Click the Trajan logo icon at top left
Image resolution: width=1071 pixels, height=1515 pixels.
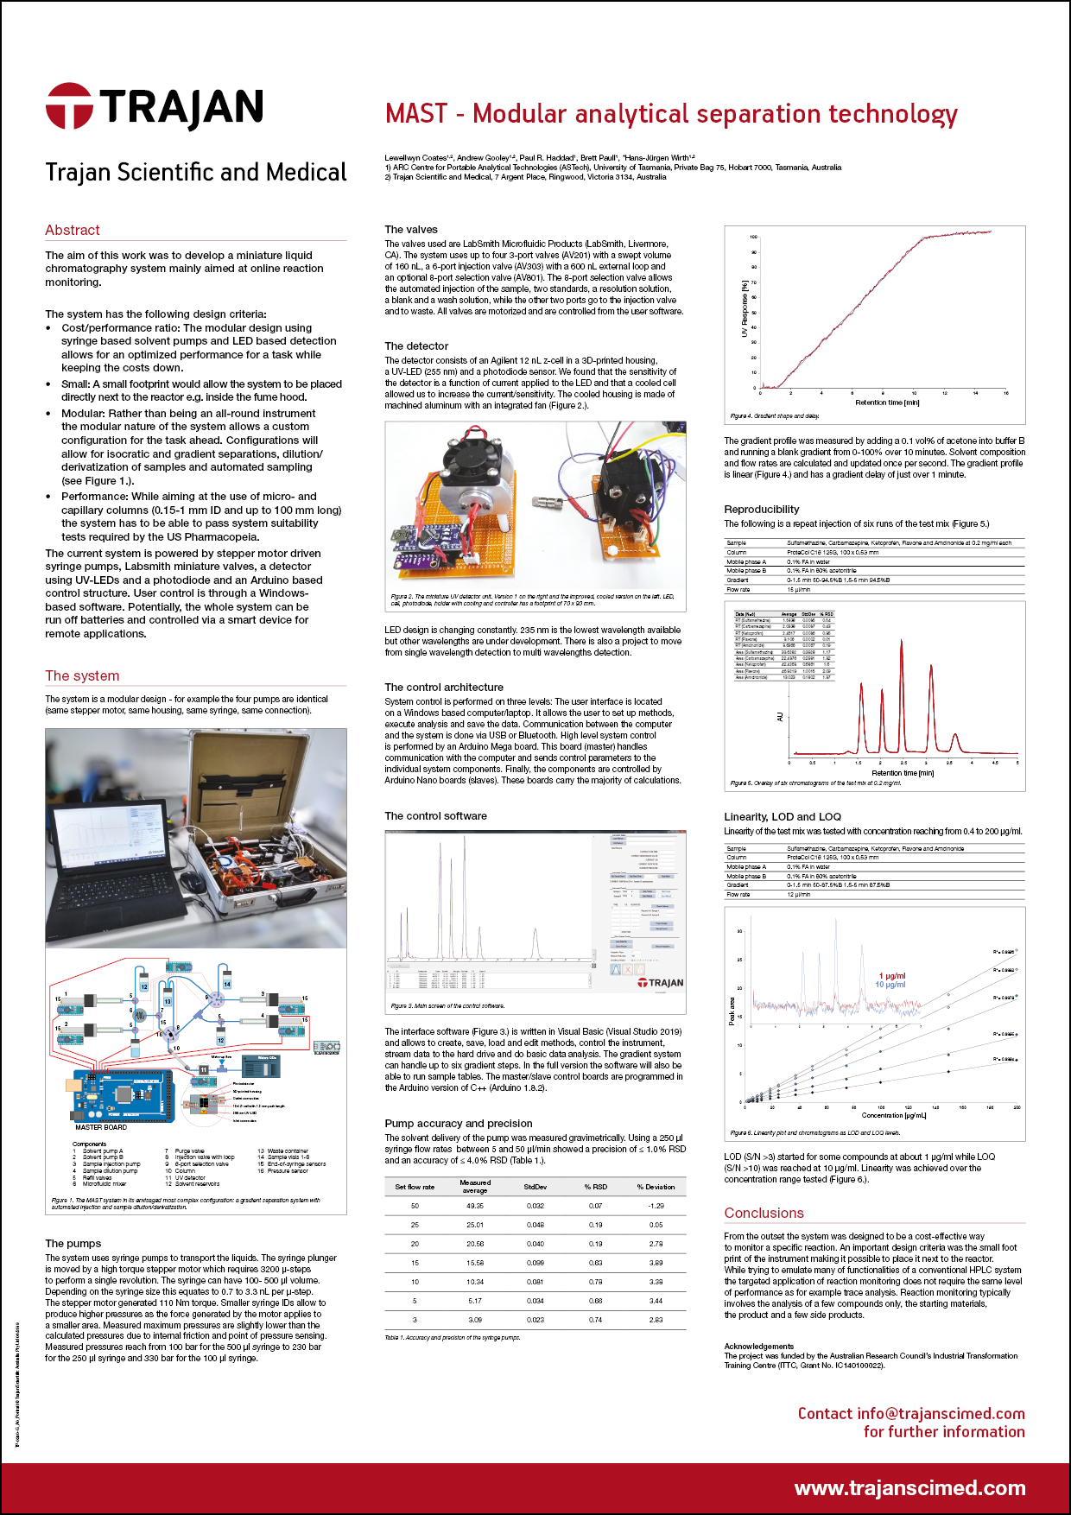[69, 106]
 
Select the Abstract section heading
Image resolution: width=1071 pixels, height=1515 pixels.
[73, 230]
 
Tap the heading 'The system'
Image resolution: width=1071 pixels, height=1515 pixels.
[82, 675]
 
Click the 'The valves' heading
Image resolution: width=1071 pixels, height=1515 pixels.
[411, 229]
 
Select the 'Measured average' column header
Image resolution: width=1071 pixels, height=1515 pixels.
[475, 1186]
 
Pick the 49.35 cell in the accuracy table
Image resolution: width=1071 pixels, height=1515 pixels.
[475, 1206]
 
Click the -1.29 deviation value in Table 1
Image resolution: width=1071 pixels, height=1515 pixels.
[656, 1206]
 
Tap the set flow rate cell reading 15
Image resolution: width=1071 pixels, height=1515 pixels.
[415, 1263]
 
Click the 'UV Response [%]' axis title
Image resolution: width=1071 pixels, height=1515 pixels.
[745, 308]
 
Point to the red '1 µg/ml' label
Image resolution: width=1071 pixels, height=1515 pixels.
[892, 976]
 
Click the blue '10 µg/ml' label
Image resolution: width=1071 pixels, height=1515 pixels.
[890, 985]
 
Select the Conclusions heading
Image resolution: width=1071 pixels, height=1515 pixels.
[764, 1213]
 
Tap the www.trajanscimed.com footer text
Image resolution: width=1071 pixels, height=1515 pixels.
[909, 1487]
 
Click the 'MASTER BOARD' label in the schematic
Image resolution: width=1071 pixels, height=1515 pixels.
[101, 1127]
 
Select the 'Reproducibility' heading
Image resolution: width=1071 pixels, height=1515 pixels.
[761, 509]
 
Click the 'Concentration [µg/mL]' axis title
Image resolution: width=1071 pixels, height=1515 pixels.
[893, 1115]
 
